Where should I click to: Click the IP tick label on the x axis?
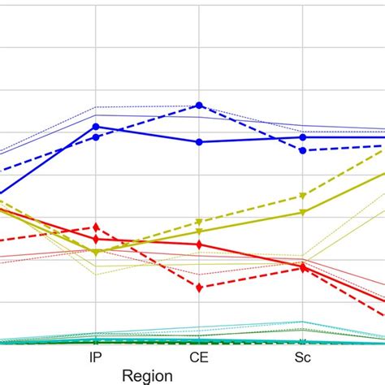pos(96,357)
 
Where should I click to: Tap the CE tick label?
pos(199,357)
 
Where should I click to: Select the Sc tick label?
pos(302,357)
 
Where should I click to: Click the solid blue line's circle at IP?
pos(96,127)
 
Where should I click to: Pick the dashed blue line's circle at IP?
pos(96,137)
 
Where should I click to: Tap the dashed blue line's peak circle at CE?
pos(199,106)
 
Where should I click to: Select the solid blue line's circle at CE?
pos(199,142)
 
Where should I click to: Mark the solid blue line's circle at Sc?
pos(302,137)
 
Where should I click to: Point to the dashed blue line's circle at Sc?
pos(302,150)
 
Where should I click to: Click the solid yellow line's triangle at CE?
pos(199,231)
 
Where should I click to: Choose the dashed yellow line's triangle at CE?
pos(199,222)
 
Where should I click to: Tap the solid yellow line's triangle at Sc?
pos(302,213)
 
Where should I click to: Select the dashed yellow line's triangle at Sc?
pos(302,196)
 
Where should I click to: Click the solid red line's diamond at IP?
pos(96,240)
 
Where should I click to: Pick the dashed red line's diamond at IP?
pos(96,227)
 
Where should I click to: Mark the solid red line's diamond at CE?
pos(199,244)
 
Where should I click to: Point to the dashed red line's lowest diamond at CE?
pos(199,287)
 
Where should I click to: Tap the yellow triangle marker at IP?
pos(96,253)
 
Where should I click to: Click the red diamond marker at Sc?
pos(302,268)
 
